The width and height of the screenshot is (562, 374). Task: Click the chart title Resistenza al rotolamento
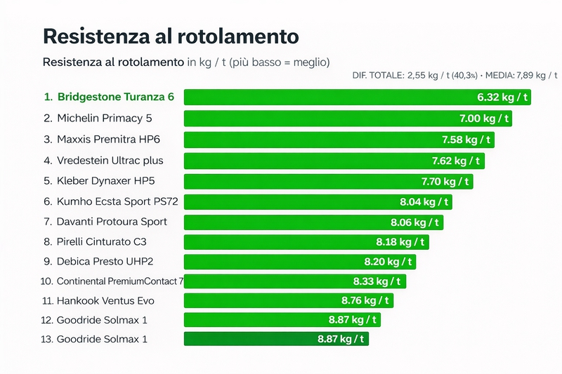click(171, 36)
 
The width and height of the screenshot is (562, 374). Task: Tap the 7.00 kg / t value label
click(485, 119)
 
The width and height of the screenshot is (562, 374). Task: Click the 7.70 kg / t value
click(446, 182)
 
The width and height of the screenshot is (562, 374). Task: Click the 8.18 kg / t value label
click(400, 242)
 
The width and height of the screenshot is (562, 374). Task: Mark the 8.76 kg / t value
click(366, 301)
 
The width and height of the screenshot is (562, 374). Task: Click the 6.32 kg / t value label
click(503, 97)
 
